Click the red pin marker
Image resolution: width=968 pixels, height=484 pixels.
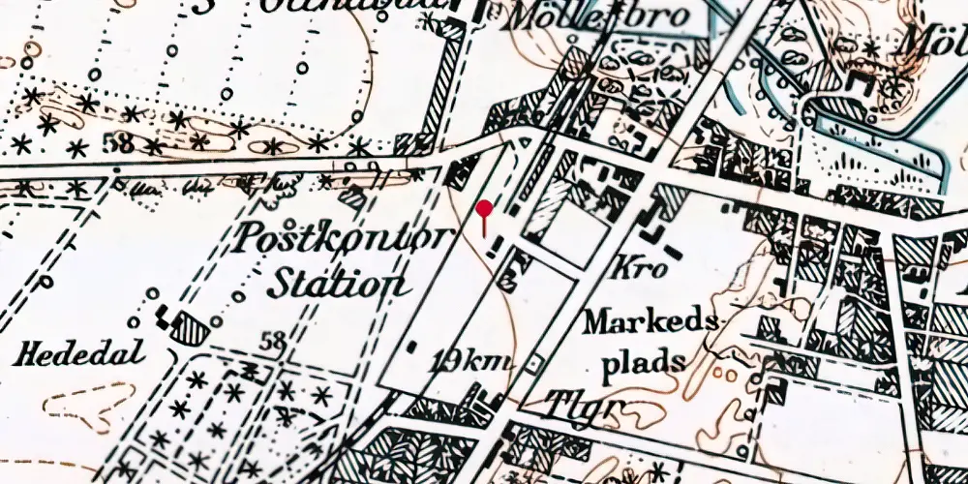pyautogui.click(x=484, y=208)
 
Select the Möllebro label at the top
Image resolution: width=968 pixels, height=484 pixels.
pyautogui.click(x=598, y=16)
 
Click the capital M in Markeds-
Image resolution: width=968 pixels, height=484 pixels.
pyautogui.click(x=597, y=322)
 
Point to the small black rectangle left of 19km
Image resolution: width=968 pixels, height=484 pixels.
pyautogui.click(x=412, y=345)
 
